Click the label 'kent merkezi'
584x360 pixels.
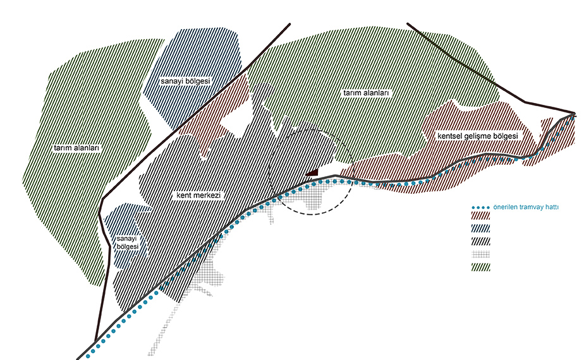pyautogui.click(x=198, y=195)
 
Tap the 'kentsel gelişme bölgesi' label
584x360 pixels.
pyautogui.click(x=478, y=136)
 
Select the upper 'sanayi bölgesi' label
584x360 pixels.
pyautogui.click(x=185, y=81)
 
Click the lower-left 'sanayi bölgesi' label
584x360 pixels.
pyautogui.click(x=128, y=243)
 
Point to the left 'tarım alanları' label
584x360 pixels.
pyautogui.click(x=77, y=148)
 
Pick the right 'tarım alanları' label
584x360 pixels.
pyautogui.click(x=366, y=93)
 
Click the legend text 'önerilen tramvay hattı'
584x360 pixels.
pyautogui.click(x=526, y=207)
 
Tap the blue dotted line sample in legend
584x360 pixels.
pyautogui.click(x=480, y=207)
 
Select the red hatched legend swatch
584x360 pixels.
pyautogui.click(x=481, y=216)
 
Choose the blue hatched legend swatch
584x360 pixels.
pyautogui.click(x=481, y=229)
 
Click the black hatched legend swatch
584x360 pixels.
pyautogui.click(x=481, y=241)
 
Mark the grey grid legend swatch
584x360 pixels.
pyautogui.click(x=481, y=255)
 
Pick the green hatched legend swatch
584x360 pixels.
pyautogui.click(x=481, y=267)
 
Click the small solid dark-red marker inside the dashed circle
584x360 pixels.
pyautogui.click(x=313, y=172)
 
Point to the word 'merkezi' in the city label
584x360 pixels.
pyautogui.click(x=209, y=195)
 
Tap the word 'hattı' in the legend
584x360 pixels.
pyautogui.click(x=552, y=207)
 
